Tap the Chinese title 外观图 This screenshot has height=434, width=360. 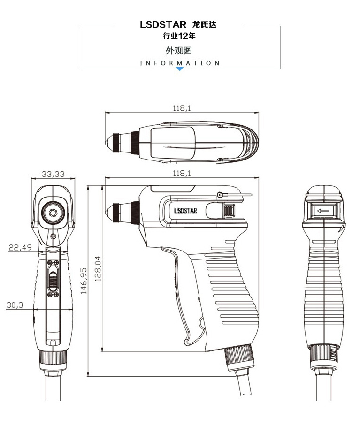tap(179, 51)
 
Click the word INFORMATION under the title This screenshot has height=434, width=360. tap(179, 63)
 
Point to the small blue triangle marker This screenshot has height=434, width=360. tap(179, 69)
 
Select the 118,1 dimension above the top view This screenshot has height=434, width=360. tap(182, 108)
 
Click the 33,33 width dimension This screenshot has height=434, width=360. tap(53, 174)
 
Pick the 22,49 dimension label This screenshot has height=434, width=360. tap(20, 247)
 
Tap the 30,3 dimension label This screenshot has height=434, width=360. tap(15, 305)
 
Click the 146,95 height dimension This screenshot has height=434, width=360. tap(84, 281)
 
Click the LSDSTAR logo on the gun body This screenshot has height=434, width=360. tap(185, 211)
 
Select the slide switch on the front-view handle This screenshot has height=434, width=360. tap(53, 280)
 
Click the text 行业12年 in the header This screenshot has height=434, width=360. tap(179, 36)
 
